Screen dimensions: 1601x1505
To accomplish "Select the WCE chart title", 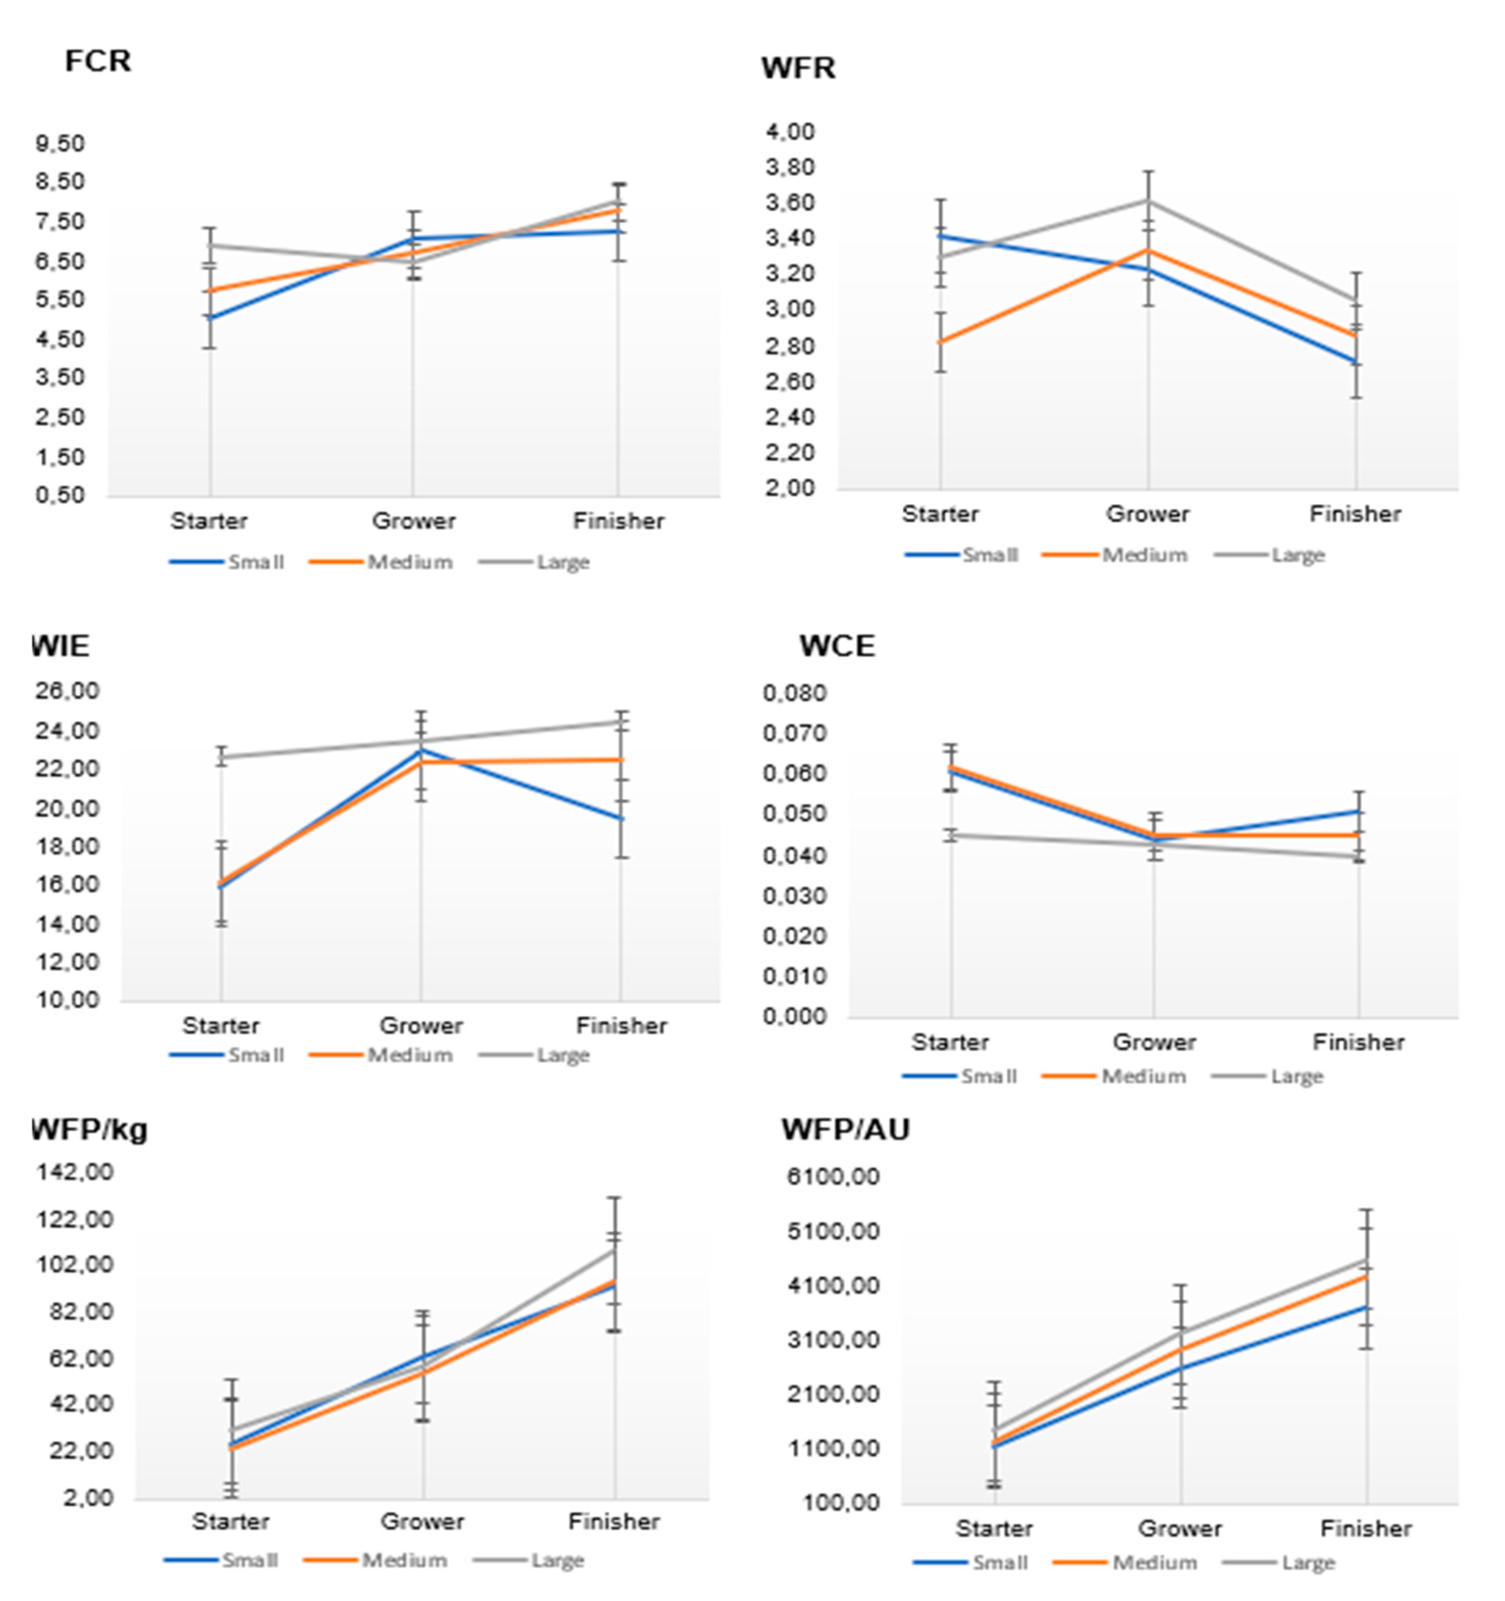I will (x=836, y=646).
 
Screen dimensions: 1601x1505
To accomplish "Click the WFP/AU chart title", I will (x=846, y=1130).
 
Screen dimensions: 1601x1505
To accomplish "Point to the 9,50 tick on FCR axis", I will (x=60, y=143).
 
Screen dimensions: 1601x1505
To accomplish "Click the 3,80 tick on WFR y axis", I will (x=790, y=167).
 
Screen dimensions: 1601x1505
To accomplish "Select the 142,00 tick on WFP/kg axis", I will (x=74, y=1172).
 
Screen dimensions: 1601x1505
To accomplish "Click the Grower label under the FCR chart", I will (x=413, y=521).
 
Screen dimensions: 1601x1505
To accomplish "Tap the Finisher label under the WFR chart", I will (x=1355, y=514).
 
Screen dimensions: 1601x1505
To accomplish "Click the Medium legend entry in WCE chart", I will (x=1142, y=1077).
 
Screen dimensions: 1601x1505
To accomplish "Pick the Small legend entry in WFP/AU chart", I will (x=999, y=1563).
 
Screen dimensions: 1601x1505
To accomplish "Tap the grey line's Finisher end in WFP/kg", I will (x=614, y=1250).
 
